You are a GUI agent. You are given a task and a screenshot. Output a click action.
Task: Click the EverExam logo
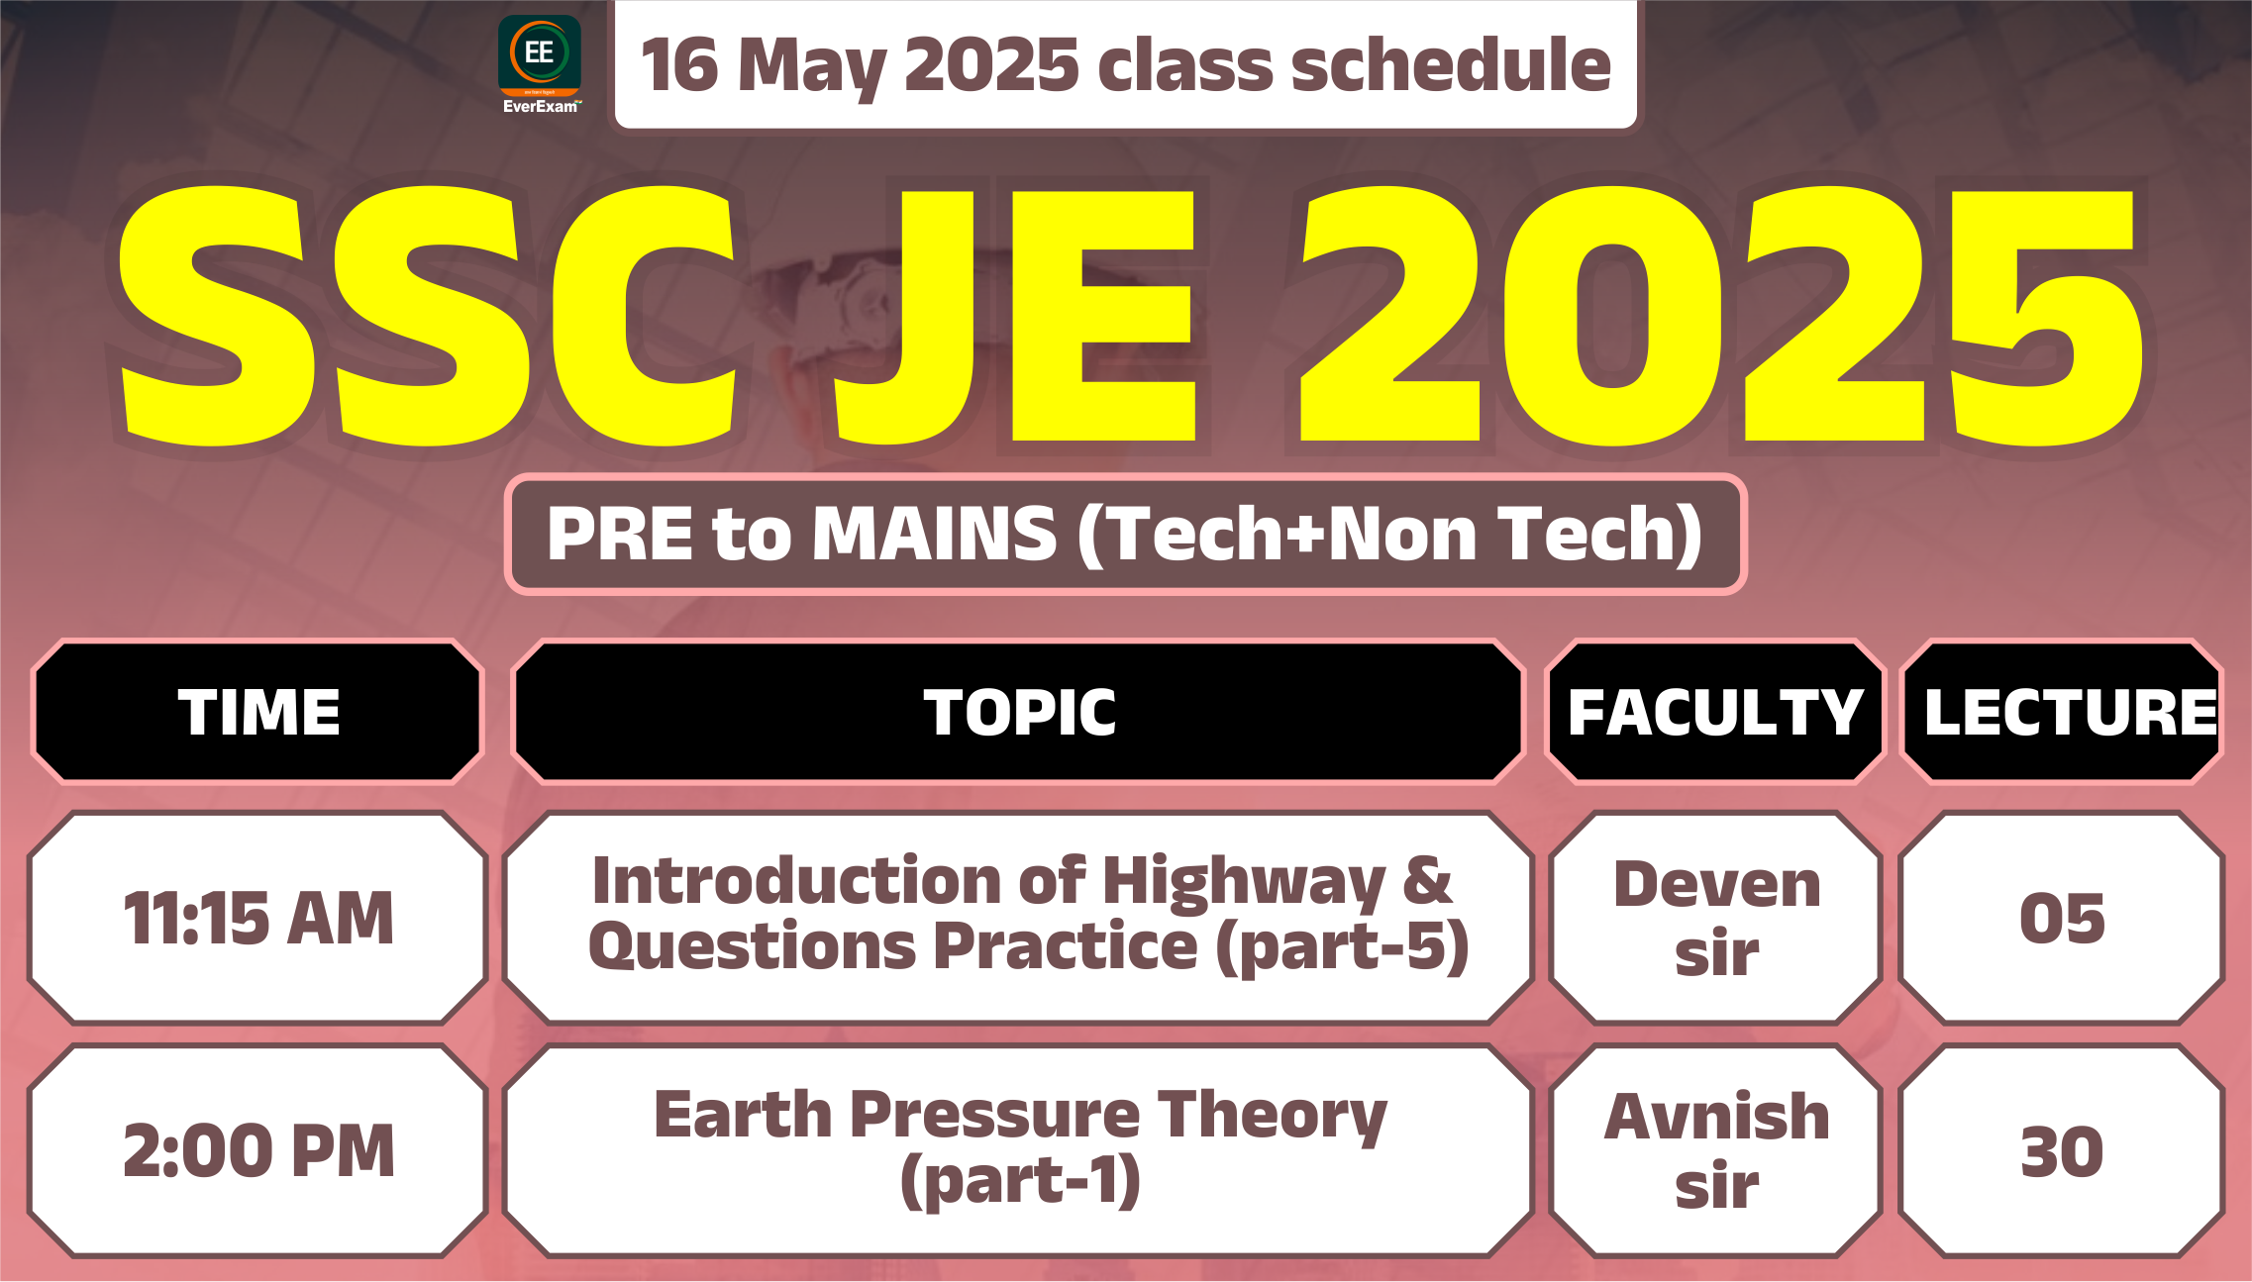click(x=540, y=64)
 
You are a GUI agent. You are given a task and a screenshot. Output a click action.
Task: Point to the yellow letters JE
click(x=1016, y=315)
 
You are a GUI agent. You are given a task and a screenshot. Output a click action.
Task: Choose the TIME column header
click(x=258, y=712)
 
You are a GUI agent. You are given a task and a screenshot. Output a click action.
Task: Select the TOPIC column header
click(x=1019, y=712)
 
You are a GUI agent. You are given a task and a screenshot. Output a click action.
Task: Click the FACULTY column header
click(x=1716, y=712)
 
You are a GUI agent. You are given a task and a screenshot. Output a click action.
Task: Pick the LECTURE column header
click(x=2062, y=712)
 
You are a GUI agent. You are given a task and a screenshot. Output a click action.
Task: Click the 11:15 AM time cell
click(x=258, y=918)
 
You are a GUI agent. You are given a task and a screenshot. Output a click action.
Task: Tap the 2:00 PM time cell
click(x=258, y=1151)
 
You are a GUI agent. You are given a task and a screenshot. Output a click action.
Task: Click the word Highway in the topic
click(x=1244, y=882)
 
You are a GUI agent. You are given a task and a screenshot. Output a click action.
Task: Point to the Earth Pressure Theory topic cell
click(x=1019, y=1151)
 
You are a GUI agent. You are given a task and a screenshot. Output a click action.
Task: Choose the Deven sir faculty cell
click(x=1716, y=918)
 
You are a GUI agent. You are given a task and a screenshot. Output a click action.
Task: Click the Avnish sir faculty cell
click(x=1716, y=1151)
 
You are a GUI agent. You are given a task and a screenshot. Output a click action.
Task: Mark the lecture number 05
click(x=2062, y=918)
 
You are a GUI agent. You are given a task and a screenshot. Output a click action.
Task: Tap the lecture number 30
click(x=2062, y=1151)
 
